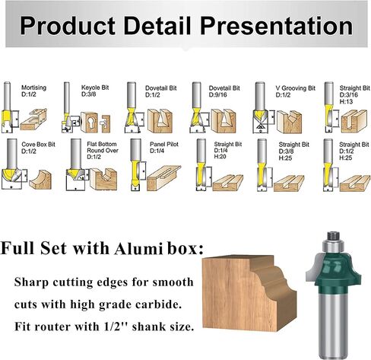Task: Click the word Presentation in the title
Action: pos(277,26)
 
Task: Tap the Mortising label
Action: pos(33,88)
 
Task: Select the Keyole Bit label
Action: pos(95,88)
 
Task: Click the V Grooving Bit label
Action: pos(296,88)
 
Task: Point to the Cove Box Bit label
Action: pos(38,145)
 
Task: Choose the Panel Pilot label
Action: pos(164,144)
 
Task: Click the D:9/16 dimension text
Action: pos(218,95)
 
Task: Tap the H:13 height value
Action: pos(346,101)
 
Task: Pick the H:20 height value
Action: pos(220,157)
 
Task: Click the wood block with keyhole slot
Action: pos(89,123)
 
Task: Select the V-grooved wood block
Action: pos(290,122)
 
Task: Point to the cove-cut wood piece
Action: pos(40,180)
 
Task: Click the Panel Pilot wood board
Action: pos(164,177)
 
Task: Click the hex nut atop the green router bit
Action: pos(333,235)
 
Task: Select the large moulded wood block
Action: pos(249,293)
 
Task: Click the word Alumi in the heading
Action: pos(138,249)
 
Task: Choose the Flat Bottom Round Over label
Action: pos(103,151)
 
